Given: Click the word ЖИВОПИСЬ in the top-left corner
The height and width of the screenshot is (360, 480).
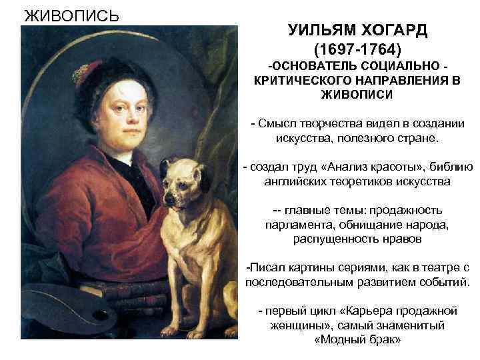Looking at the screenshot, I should (71, 15).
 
